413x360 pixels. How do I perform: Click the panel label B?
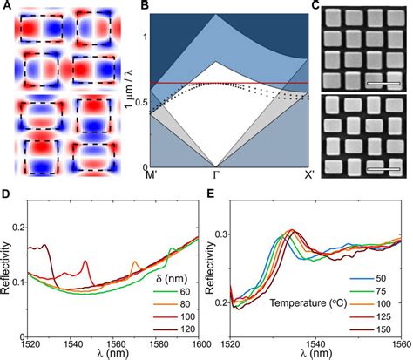click(154, 7)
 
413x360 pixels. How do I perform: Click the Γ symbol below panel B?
click(216, 176)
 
